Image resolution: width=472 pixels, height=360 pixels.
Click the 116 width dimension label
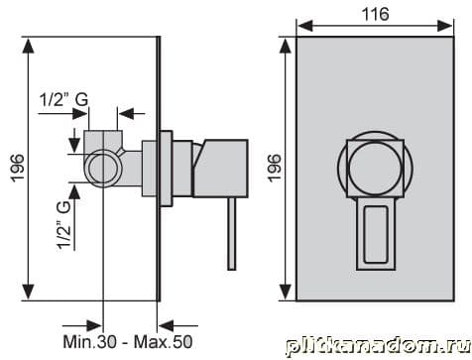375,14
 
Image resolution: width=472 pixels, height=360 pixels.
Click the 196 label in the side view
18,168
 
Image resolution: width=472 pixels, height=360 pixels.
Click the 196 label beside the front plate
275,168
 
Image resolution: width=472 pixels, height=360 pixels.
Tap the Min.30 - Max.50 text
128,341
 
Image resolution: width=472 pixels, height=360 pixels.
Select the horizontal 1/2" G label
63,99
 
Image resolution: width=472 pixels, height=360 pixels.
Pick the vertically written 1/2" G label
64,225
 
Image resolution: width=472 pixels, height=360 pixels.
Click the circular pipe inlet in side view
103,168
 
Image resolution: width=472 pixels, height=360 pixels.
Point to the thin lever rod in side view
232,234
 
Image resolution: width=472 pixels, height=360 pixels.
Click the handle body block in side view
220,169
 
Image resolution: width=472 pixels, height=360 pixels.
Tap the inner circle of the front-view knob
375,169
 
